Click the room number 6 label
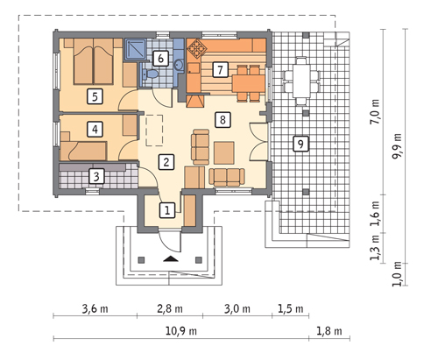pos(160,59)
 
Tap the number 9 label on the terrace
pos(300,144)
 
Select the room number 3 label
pos(96,176)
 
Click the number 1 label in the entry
pos(167,210)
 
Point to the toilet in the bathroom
pos(150,74)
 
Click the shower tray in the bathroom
pos(136,48)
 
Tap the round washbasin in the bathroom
pos(179,65)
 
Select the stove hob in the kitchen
pos(194,48)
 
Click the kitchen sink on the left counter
pos(194,68)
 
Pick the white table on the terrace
pos(301,81)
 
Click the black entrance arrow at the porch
pos(171,258)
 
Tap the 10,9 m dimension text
pos(181,331)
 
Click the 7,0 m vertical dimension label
pos(375,112)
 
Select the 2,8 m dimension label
pos(170,308)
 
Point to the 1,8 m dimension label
pos(329,331)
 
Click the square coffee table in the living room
pos(224,152)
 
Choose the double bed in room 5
pos(93,61)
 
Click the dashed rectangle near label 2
pos(154,131)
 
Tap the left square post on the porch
pos(141,259)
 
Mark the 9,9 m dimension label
pos(397,146)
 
